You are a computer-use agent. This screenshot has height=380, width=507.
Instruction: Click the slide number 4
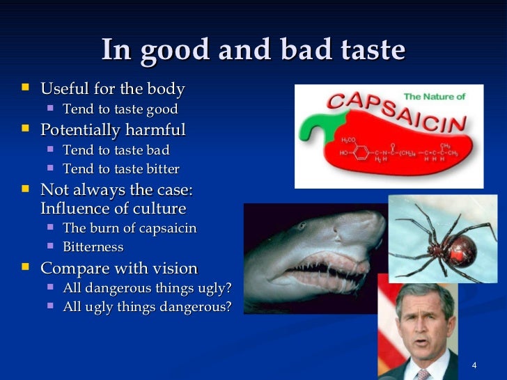click(474, 366)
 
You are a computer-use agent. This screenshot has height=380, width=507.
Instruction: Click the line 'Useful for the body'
click(113, 89)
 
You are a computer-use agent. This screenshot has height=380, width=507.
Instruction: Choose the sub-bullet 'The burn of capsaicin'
click(130, 228)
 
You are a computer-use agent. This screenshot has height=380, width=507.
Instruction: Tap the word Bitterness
click(93, 247)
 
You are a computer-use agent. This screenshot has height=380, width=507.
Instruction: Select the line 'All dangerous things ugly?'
click(147, 288)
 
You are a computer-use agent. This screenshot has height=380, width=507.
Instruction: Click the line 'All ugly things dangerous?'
click(147, 307)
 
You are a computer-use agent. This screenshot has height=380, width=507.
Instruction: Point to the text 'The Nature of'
click(433, 97)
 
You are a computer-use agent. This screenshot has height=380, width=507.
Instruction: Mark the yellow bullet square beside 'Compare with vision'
click(26, 268)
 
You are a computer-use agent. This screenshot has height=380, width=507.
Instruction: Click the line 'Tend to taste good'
click(120, 109)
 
